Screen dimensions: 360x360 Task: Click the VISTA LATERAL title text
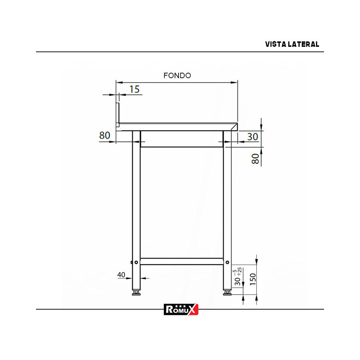click(292, 44)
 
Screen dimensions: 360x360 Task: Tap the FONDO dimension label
click(177, 76)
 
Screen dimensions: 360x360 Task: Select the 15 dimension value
click(134, 89)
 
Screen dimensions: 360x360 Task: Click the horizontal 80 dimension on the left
click(104, 136)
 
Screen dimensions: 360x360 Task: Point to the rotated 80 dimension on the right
click(255, 159)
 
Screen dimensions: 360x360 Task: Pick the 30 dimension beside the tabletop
click(253, 137)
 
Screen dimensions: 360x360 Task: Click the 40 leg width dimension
click(121, 275)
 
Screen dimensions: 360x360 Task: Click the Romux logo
click(181, 309)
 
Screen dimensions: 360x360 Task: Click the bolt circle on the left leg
click(136, 262)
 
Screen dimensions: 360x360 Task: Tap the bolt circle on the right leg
click(227, 262)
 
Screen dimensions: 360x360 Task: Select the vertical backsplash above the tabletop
click(117, 114)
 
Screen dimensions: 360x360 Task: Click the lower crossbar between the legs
click(181, 261)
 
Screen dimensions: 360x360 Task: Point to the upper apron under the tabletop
click(181, 139)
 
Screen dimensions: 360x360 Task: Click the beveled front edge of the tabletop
click(235, 126)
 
